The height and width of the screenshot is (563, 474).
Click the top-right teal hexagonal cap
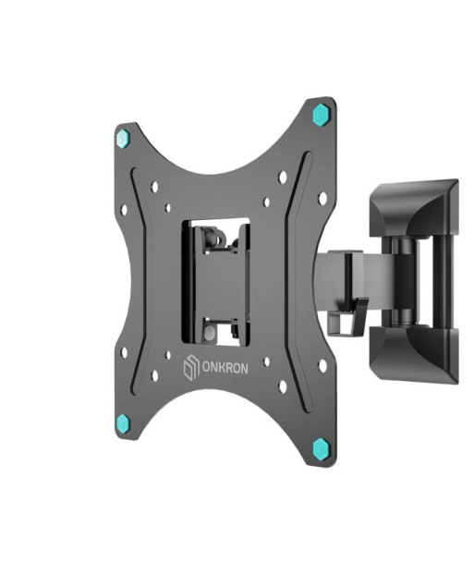(x=322, y=115)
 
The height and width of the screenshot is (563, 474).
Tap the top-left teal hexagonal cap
(x=123, y=139)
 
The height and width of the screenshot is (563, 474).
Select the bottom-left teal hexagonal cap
(x=123, y=423)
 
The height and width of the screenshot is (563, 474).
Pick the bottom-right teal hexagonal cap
(x=321, y=448)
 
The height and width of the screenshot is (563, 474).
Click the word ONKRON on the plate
(x=225, y=368)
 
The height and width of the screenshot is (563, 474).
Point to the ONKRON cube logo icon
(x=191, y=367)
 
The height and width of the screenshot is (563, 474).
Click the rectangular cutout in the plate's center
(x=215, y=282)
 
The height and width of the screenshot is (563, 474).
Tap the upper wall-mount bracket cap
(x=414, y=208)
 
